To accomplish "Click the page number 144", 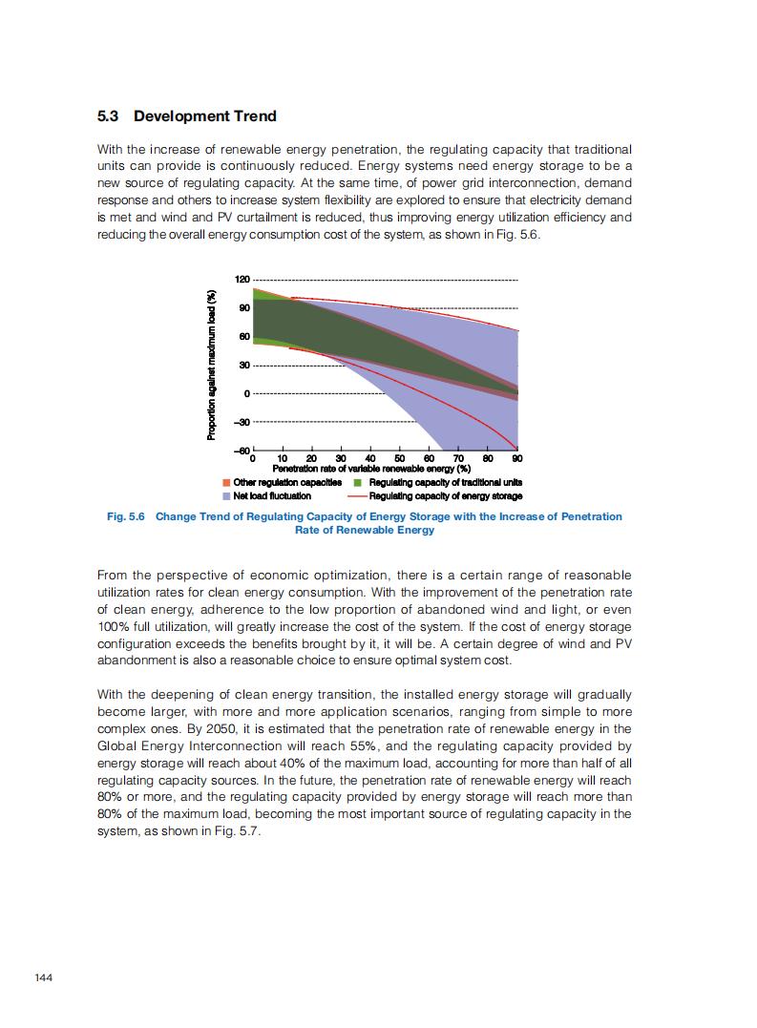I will [x=44, y=977].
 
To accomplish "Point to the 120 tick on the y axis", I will [x=242, y=279].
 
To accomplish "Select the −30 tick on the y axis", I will [x=242, y=423].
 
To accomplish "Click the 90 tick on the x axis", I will [x=516, y=459].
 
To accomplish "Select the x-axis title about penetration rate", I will [x=371, y=469].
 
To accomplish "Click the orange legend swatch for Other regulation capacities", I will [x=226, y=482].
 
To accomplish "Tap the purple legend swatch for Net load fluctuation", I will [x=226, y=496].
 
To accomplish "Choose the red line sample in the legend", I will [x=357, y=496].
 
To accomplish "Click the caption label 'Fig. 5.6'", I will [x=124, y=516].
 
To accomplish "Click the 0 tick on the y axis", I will [x=246, y=394].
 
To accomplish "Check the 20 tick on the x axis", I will [x=311, y=459].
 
